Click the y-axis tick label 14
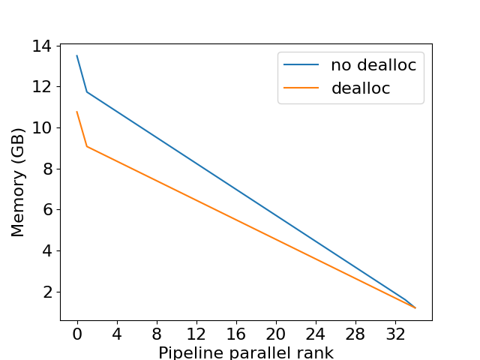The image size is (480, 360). (x=42, y=46)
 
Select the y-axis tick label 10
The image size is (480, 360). (x=42, y=127)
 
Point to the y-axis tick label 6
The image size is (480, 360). (x=47, y=210)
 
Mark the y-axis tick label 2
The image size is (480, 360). (x=47, y=292)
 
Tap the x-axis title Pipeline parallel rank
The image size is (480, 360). (x=246, y=352)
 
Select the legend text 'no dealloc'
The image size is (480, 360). (x=373, y=65)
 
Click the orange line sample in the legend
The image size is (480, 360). (x=301, y=88)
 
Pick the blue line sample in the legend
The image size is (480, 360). (x=301, y=65)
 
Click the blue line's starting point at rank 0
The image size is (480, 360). (x=76, y=55)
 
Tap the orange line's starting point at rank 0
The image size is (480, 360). (x=76, y=112)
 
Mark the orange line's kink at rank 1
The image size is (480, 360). (x=87, y=146)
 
